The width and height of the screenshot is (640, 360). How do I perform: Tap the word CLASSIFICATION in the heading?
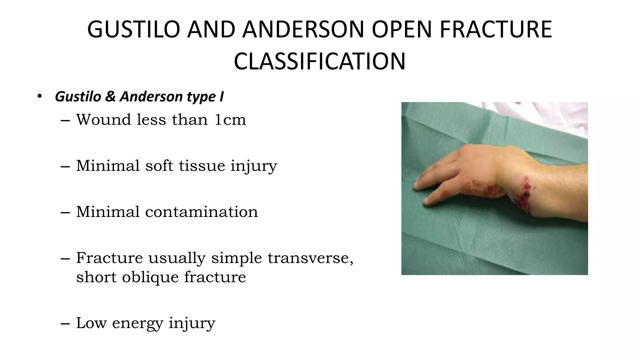[319, 62]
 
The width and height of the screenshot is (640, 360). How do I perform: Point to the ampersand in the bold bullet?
[110, 97]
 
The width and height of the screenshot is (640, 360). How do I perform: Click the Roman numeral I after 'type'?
[221, 97]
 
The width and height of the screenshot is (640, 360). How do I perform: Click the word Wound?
[103, 120]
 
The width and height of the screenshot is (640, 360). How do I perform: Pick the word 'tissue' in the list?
[202, 166]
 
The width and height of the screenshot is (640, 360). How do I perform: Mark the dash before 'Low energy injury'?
[65, 323]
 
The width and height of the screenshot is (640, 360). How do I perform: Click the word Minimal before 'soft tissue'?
[108, 166]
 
